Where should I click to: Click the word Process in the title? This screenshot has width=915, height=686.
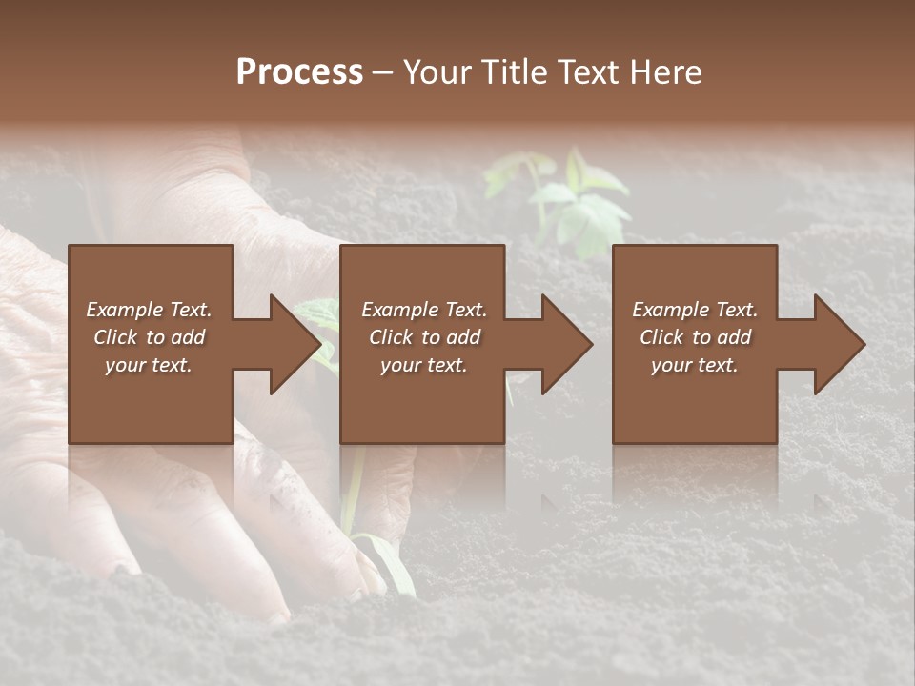pos(299,72)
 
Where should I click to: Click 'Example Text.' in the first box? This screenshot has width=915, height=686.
pos(149,310)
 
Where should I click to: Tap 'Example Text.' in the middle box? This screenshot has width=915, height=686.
pos(424,310)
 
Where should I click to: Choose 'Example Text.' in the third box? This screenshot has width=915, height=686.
pos(695,310)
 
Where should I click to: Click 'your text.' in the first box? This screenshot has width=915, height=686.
pos(149,365)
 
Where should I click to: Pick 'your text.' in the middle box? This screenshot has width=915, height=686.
pos(424,365)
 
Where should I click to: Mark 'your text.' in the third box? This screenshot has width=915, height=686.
pos(695,365)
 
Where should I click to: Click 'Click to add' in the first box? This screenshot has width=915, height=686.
pos(149,337)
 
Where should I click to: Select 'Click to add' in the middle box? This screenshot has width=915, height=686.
pos(424,337)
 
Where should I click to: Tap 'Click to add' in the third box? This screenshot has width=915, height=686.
pos(695,337)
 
